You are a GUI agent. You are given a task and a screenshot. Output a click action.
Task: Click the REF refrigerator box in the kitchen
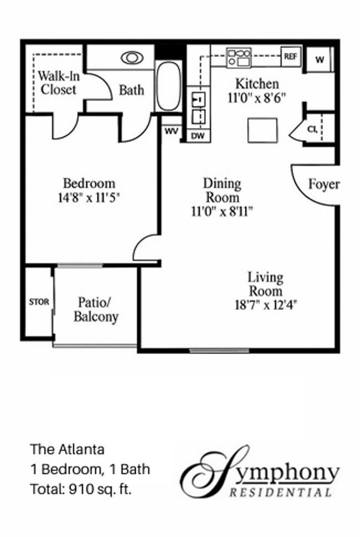291,55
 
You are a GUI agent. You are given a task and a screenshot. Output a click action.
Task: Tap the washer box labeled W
320,59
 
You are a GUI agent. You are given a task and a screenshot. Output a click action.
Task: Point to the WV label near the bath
171,132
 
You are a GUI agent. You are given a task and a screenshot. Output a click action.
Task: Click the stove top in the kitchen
239,56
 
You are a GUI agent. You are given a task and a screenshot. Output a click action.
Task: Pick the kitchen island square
262,130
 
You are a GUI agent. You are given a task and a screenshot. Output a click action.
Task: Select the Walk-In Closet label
56,82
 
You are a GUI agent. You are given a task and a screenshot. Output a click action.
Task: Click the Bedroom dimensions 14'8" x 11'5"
89,197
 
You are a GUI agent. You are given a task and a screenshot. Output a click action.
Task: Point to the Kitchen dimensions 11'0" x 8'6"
256,98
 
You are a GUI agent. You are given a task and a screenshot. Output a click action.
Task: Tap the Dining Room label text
222,190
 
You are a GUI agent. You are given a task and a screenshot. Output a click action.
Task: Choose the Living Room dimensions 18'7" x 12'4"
265,304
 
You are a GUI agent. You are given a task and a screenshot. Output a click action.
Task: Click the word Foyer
323,185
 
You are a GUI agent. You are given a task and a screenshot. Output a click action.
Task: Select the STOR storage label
39,302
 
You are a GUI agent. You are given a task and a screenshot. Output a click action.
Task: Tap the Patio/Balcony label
96,310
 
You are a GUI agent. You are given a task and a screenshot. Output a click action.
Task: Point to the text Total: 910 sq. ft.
81,489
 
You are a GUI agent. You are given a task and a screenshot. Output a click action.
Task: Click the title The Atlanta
67,448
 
